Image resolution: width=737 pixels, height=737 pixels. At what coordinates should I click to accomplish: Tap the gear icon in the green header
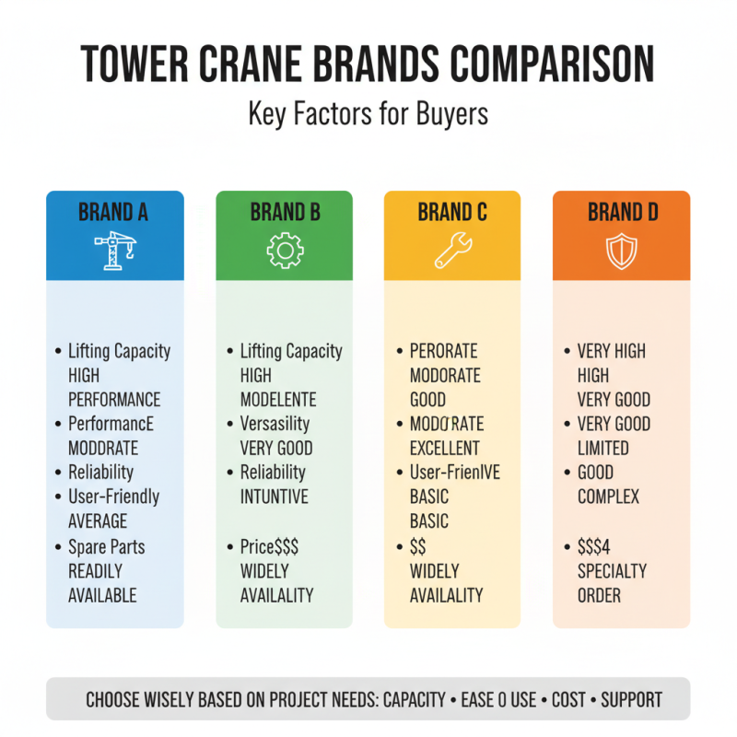[x=284, y=251]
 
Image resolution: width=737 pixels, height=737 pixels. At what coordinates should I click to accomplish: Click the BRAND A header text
[x=114, y=213]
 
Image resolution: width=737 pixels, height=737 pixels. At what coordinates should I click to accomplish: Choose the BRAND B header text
[x=285, y=213]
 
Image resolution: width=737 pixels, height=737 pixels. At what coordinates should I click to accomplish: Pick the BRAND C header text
[x=452, y=213]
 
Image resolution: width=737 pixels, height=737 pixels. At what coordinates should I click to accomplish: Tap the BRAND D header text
[x=623, y=213]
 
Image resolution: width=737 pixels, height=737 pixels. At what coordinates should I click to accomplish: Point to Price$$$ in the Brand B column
[x=269, y=546]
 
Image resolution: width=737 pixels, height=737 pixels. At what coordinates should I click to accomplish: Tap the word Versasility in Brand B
[x=275, y=424]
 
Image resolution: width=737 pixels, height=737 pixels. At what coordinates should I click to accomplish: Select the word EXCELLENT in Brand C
[x=445, y=449]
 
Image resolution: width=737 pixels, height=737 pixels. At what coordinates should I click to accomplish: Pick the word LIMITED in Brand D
[x=603, y=449]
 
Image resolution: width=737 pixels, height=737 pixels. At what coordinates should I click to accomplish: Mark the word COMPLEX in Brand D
[x=608, y=497]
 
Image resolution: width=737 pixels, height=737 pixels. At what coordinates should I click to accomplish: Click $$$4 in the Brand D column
[x=595, y=546]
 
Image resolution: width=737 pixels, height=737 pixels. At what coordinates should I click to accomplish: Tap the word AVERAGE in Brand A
[x=98, y=521]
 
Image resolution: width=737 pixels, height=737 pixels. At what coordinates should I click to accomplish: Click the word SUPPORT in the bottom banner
[x=631, y=699]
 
